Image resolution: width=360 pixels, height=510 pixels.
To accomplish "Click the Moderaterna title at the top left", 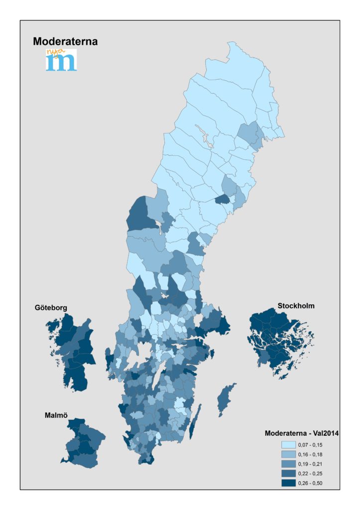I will pos(65,42).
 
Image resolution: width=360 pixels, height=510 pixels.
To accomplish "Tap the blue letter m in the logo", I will pos(61,62).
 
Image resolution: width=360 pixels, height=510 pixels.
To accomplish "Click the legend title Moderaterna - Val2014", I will pos(302,433).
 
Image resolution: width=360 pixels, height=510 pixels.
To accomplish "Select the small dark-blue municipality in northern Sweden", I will pos(222,199).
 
